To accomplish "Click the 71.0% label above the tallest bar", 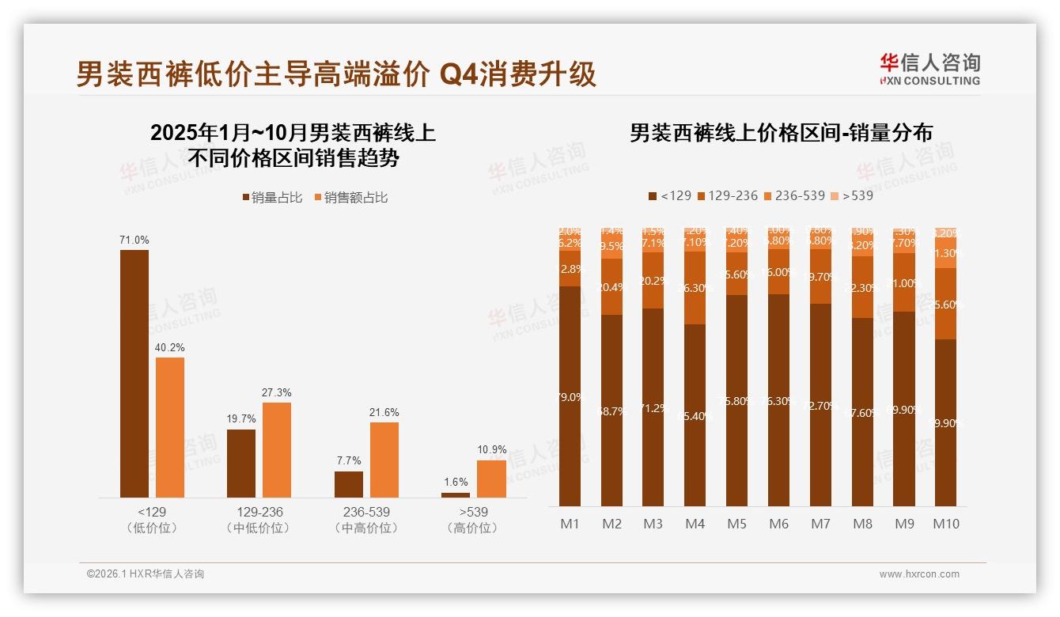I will click(134, 240).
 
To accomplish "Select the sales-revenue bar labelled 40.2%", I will click(170, 427).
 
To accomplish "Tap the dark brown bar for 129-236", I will click(241, 463).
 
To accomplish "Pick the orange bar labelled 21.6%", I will click(384, 459).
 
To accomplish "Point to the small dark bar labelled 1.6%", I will click(456, 494).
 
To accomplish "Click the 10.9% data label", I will click(491, 449).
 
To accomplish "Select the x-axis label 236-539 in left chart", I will click(366, 512).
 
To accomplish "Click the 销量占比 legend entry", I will click(271, 198).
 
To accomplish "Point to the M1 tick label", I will click(570, 524).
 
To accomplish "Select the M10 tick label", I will click(945, 524).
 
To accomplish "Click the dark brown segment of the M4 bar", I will click(695, 415).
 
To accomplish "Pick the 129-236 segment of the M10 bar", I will click(945, 304).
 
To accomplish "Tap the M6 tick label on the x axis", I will click(779, 524).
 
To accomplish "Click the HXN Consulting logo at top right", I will click(929, 69).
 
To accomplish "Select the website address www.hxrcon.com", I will click(919, 574).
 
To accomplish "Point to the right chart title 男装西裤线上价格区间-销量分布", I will click(780, 133).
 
